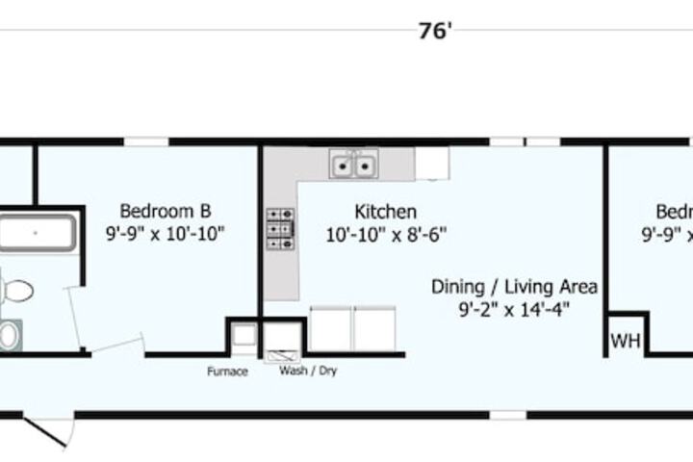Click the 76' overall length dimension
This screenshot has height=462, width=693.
click(435, 31)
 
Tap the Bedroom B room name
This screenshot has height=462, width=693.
click(166, 211)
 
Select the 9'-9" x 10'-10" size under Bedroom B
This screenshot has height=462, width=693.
click(166, 233)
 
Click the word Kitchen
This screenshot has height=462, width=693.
click(385, 211)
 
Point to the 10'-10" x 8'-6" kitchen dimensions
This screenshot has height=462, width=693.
click(385, 233)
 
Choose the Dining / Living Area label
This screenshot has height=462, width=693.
click(514, 286)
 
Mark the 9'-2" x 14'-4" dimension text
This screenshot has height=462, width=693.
click(514, 309)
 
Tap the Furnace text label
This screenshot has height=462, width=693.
click(228, 371)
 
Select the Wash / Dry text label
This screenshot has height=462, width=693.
click(308, 371)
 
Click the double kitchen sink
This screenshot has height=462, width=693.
click(353, 166)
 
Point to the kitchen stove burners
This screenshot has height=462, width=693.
click(280, 229)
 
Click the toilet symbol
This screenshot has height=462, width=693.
click(16, 289)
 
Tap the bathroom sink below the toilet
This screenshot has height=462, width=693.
click(9, 334)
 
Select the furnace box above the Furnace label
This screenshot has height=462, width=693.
click(243, 336)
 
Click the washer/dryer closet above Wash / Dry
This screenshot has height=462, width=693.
click(283, 338)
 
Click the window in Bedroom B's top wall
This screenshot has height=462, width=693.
click(146, 141)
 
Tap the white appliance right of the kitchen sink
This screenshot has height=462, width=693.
click(432, 164)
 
